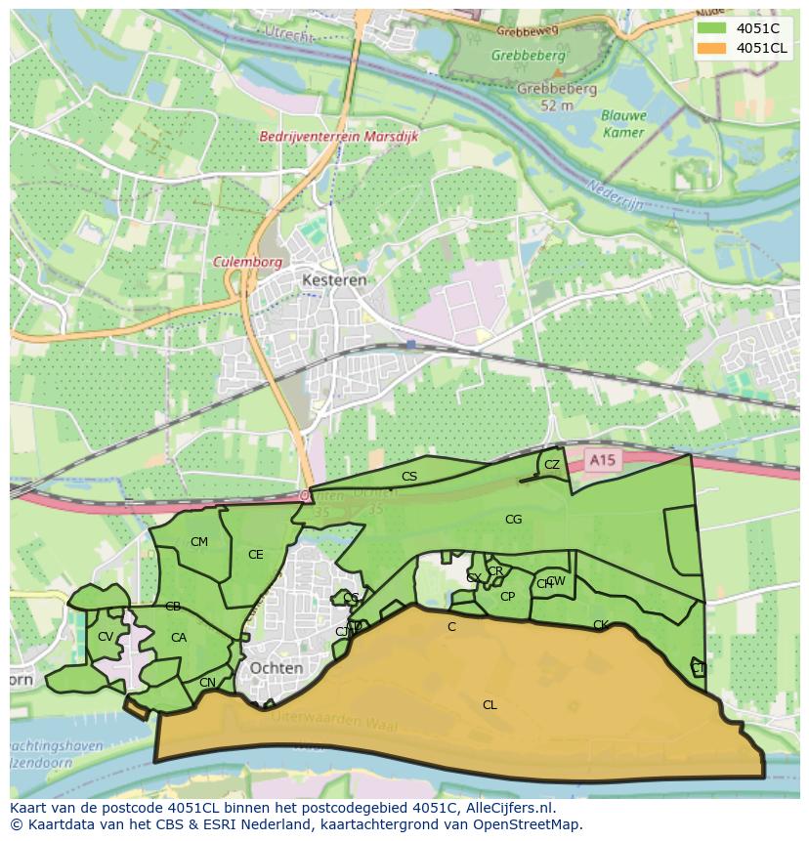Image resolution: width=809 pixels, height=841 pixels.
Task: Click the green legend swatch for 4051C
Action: click(712, 28)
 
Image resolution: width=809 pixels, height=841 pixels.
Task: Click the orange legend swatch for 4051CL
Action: click(712, 48)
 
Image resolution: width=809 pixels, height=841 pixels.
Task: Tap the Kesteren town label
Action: click(333, 279)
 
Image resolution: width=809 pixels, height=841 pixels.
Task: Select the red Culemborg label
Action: click(248, 262)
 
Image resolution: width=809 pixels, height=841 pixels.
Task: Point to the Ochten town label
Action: click(277, 667)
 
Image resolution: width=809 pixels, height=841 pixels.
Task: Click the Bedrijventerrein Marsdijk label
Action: click(339, 137)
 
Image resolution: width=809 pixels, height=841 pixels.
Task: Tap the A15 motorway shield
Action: click(604, 459)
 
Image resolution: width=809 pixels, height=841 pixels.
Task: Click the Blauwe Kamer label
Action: click(623, 123)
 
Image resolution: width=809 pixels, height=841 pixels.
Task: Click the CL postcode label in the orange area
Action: click(490, 704)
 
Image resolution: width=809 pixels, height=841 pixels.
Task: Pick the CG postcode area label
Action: click(513, 520)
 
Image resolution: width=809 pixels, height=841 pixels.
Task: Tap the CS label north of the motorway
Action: click(409, 477)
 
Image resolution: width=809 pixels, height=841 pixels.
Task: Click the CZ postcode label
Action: click(552, 465)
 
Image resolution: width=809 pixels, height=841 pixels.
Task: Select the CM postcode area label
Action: click(199, 542)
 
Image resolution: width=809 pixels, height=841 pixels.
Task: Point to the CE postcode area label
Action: click(255, 555)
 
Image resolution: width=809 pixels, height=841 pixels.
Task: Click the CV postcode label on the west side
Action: click(105, 637)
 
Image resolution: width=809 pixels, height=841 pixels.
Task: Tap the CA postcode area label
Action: click(179, 638)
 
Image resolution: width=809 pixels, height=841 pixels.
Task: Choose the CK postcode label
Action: click(600, 625)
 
